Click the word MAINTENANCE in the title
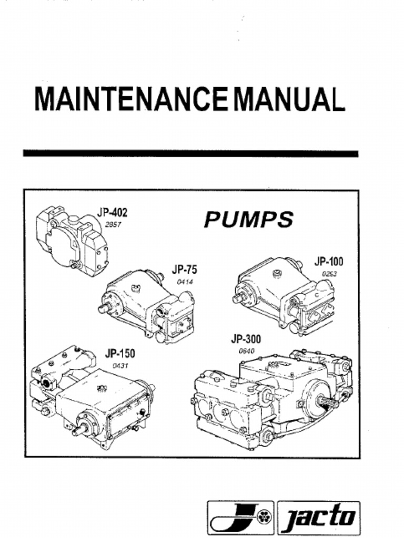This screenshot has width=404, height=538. pos(130,99)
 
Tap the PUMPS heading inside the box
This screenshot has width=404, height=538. pos(248,220)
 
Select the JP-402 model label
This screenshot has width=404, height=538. pos(112,213)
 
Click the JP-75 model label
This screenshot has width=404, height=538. pos(184,270)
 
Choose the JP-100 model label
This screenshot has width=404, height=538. pos(329,261)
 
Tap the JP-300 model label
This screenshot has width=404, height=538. pos(245,339)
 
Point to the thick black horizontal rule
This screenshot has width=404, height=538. pos(190,154)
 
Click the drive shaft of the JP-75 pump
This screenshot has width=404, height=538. pos(104,308)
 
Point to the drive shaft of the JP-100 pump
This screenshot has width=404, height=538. pos(238,298)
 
